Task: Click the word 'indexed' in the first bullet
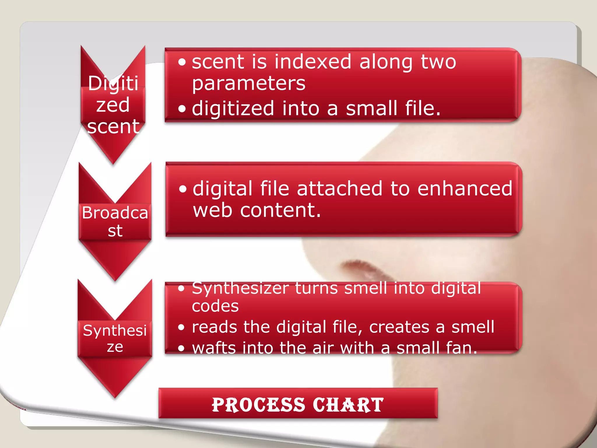click(x=312, y=62)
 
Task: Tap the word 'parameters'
click(x=249, y=84)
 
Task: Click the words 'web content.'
click(x=257, y=210)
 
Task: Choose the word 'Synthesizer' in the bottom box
click(x=240, y=288)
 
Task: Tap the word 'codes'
click(x=215, y=306)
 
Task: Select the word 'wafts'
click(x=214, y=348)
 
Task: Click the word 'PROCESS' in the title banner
click(x=258, y=405)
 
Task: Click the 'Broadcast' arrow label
click(x=115, y=221)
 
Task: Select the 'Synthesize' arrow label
click(x=115, y=338)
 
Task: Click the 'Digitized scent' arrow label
click(x=113, y=105)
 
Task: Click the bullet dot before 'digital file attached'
click(x=183, y=189)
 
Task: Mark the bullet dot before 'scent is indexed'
click(x=182, y=62)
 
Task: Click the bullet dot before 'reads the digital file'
click(x=181, y=327)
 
